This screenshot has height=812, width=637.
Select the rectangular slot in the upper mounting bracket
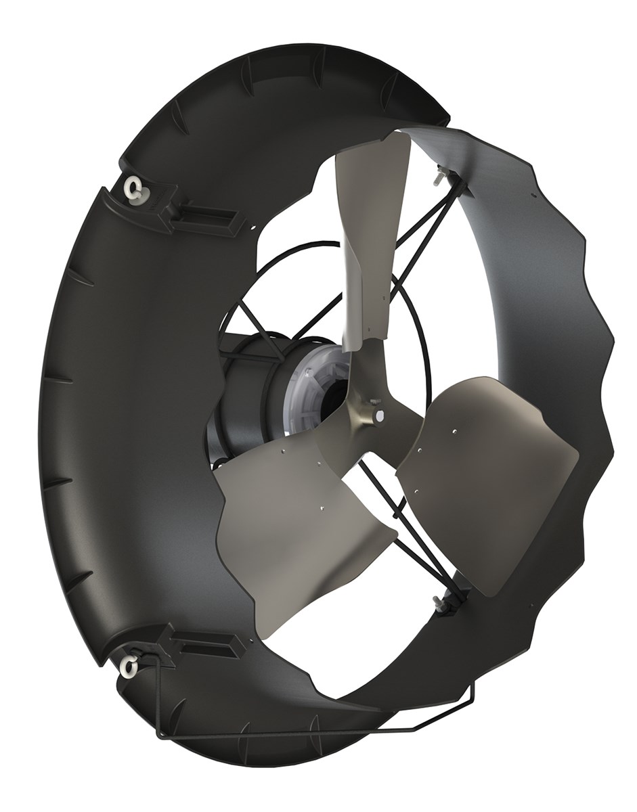point(211,217)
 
